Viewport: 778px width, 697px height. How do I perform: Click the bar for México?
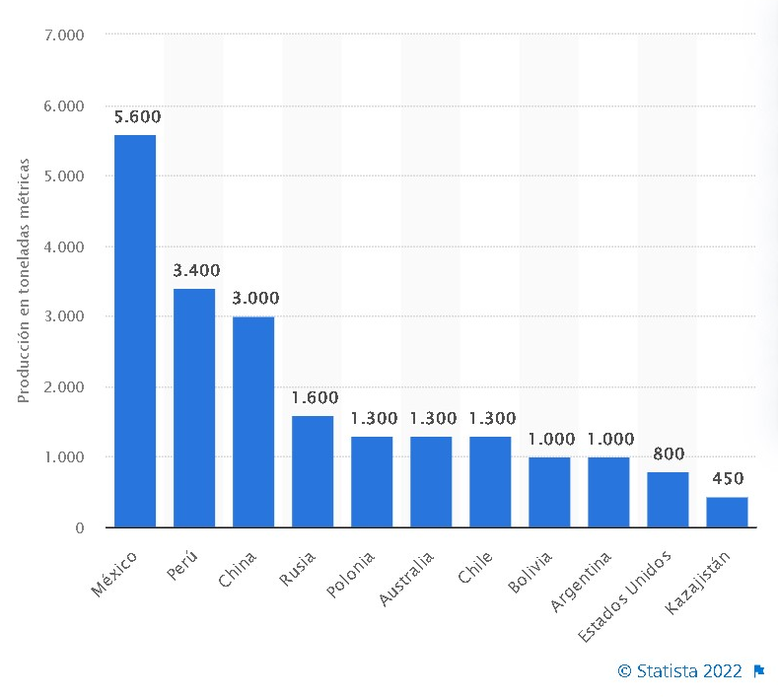(x=135, y=331)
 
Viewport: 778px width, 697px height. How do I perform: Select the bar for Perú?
(x=194, y=408)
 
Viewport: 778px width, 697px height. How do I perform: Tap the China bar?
(x=253, y=422)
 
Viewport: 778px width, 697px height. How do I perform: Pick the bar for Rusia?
(x=313, y=471)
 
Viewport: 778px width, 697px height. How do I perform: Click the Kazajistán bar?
(x=727, y=512)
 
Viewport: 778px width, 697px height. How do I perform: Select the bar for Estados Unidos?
(x=668, y=500)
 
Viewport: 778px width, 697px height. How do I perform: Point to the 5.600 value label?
(x=137, y=117)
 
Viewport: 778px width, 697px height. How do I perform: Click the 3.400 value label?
(x=196, y=271)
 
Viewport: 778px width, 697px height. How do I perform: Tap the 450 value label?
(x=728, y=480)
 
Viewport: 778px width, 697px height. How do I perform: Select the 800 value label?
(x=669, y=454)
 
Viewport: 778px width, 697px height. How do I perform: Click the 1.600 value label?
(x=315, y=398)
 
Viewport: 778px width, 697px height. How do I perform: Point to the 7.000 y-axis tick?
(x=66, y=35)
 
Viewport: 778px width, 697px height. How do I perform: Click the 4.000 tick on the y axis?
(x=66, y=246)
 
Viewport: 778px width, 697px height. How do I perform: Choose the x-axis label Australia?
(x=407, y=579)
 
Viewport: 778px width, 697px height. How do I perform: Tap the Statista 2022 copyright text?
(x=679, y=671)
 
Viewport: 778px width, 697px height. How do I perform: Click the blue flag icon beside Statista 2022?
(x=759, y=671)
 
